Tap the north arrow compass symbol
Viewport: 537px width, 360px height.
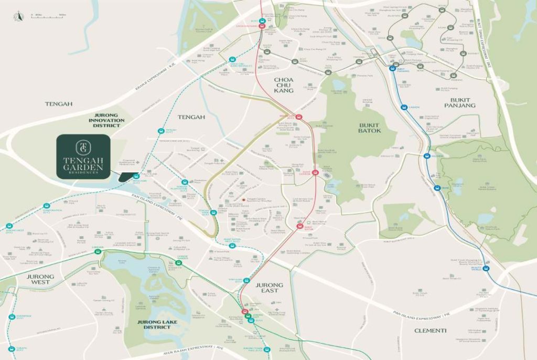click(19, 17)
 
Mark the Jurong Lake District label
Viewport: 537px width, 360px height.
click(154, 324)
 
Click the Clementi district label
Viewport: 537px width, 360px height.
click(430, 331)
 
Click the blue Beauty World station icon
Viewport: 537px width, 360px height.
click(486, 269)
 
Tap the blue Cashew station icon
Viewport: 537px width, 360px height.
click(404, 107)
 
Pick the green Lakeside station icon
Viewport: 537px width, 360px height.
click(98, 251)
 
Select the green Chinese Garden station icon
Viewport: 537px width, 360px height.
click(178, 263)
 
